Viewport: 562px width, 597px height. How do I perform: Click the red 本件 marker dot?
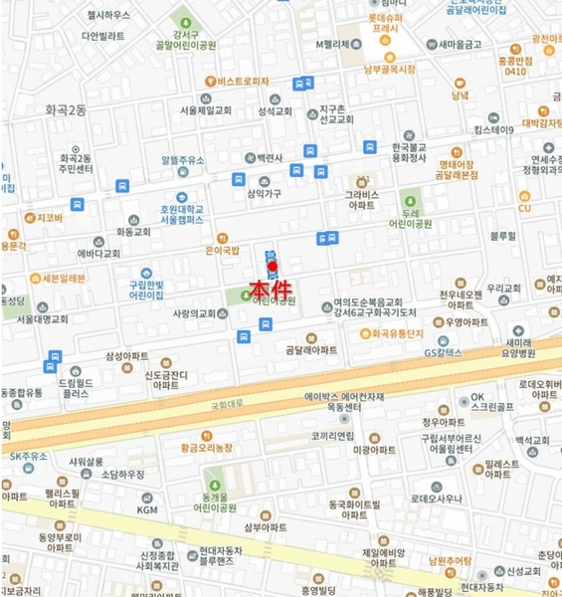(272, 267)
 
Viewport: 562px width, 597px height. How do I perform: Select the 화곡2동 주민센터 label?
(76, 163)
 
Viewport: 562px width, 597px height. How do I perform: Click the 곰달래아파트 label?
(310, 349)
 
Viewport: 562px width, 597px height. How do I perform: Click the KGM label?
(148, 509)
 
